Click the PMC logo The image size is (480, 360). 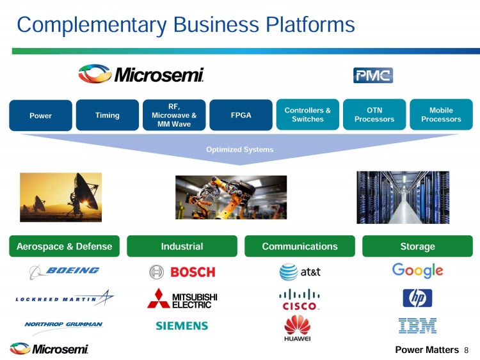point(372,75)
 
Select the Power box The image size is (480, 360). point(40,116)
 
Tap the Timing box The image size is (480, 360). point(108,115)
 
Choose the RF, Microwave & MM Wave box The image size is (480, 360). point(174,115)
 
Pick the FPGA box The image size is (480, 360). point(241,115)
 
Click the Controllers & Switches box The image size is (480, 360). point(307,114)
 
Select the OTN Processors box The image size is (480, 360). point(374,114)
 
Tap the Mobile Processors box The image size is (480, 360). point(441,114)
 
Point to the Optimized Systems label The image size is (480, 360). point(240,150)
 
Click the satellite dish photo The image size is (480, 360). point(61,196)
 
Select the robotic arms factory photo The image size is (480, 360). point(231,197)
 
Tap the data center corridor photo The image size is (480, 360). point(403,196)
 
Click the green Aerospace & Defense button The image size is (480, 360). point(64,246)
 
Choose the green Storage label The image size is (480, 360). point(417,246)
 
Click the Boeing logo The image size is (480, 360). point(64,271)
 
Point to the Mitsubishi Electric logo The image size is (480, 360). point(182,298)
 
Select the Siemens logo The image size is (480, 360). point(182,325)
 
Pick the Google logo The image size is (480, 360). point(417,270)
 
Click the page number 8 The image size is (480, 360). point(467,350)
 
